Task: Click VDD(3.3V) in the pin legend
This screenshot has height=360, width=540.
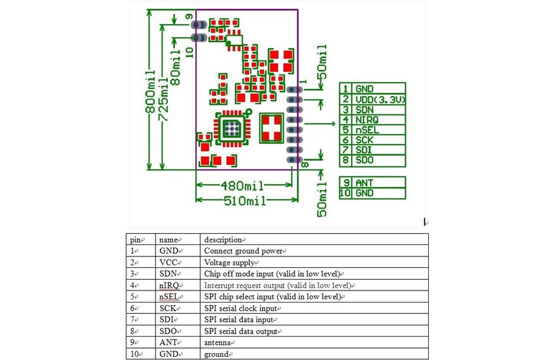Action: pyautogui.click(x=379, y=100)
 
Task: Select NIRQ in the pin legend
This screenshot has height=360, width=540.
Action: pyautogui.click(x=368, y=120)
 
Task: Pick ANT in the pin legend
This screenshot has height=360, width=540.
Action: pyautogui.click(x=364, y=183)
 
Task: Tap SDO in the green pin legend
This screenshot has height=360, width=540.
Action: pyautogui.click(x=364, y=160)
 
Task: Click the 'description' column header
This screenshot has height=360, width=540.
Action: pyautogui.click(x=224, y=240)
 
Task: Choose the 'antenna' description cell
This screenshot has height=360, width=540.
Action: pyautogui.click(x=219, y=342)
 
